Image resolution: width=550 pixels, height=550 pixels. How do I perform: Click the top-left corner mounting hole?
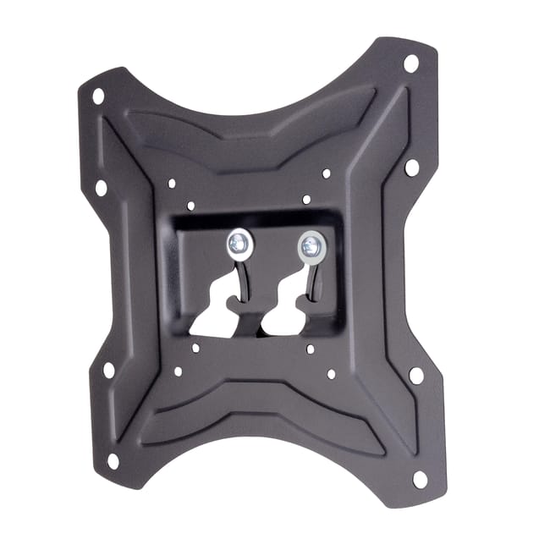point(98,96)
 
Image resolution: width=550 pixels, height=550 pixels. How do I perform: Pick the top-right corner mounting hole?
point(411,63)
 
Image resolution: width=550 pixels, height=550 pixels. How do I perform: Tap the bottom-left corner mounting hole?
point(113,461)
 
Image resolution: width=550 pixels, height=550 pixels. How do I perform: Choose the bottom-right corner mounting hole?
point(420,479)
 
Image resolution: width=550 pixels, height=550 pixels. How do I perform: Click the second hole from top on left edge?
point(102,187)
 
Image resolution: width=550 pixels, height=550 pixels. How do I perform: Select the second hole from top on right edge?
point(412,167)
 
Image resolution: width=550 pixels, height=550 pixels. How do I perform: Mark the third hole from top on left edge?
point(108,370)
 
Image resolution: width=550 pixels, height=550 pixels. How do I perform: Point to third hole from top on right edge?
point(416,375)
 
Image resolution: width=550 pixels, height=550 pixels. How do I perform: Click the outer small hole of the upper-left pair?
point(172,183)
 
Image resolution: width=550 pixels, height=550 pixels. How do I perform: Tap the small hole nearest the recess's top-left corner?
point(191,206)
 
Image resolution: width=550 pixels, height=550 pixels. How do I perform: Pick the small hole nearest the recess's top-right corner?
point(306,200)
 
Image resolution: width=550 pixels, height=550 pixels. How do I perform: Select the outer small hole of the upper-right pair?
point(327,173)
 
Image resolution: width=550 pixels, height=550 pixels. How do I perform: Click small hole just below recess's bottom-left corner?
point(195,347)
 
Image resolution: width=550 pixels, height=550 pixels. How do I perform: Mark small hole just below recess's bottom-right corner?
point(311,349)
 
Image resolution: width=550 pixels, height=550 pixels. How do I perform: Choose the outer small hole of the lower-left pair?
point(178,370)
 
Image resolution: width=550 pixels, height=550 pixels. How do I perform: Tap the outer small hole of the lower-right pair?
point(331,373)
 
